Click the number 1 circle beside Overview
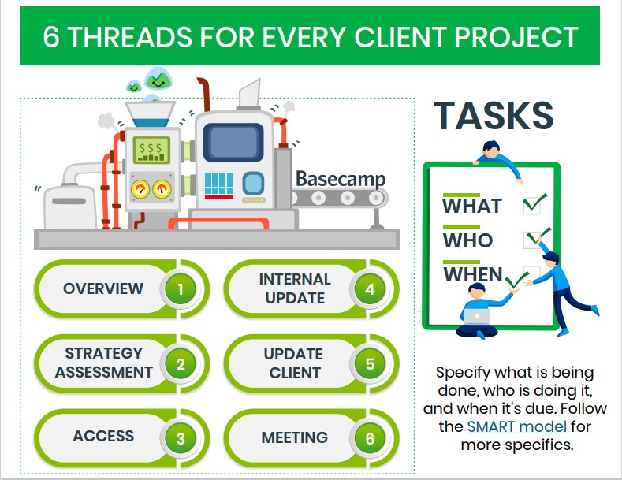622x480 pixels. point(181,289)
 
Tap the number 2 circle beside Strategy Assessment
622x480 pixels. point(181,364)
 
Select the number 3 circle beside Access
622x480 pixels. point(181,438)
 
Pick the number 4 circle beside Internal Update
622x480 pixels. point(370,289)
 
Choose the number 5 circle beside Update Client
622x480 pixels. point(370,364)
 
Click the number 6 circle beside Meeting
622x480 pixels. point(370,438)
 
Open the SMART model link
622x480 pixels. point(516,427)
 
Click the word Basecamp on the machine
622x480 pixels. point(341,179)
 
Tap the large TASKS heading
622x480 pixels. point(494,116)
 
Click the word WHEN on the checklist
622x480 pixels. point(472,274)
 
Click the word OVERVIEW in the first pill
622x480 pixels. point(103,288)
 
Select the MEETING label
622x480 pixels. point(294,437)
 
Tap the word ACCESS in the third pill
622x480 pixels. point(103,436)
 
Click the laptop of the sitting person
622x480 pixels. point(475,316)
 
